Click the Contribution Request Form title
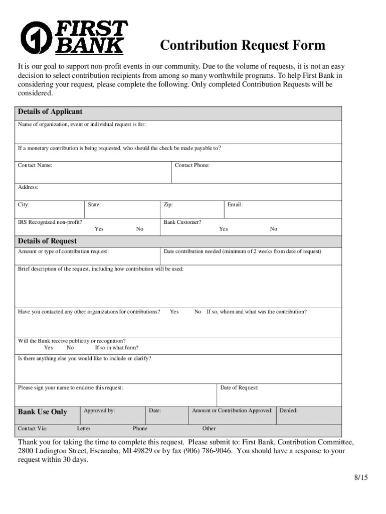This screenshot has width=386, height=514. click(243, 46)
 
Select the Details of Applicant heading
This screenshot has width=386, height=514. click(50, 111)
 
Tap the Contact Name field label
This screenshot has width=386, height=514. click(35, 165)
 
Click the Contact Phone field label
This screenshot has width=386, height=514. click(192, 165)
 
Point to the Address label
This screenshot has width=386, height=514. click(28, 187)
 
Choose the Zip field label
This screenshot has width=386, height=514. click(168, 205)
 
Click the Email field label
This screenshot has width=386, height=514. click(235, 205)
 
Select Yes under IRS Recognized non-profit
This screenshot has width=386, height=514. click(99, 229)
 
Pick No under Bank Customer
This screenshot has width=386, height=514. click(273, 229)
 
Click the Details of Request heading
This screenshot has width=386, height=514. click(47, 241)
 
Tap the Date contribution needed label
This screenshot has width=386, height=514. click(242, 251)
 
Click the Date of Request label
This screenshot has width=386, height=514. click(239, 388)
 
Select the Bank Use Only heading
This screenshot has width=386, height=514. click(42, 412)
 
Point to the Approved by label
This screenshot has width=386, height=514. click(99, 411)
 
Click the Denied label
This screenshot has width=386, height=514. click(288, 411)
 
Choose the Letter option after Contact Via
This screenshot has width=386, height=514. click(84, 429)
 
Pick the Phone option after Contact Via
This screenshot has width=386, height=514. click(140, 429)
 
